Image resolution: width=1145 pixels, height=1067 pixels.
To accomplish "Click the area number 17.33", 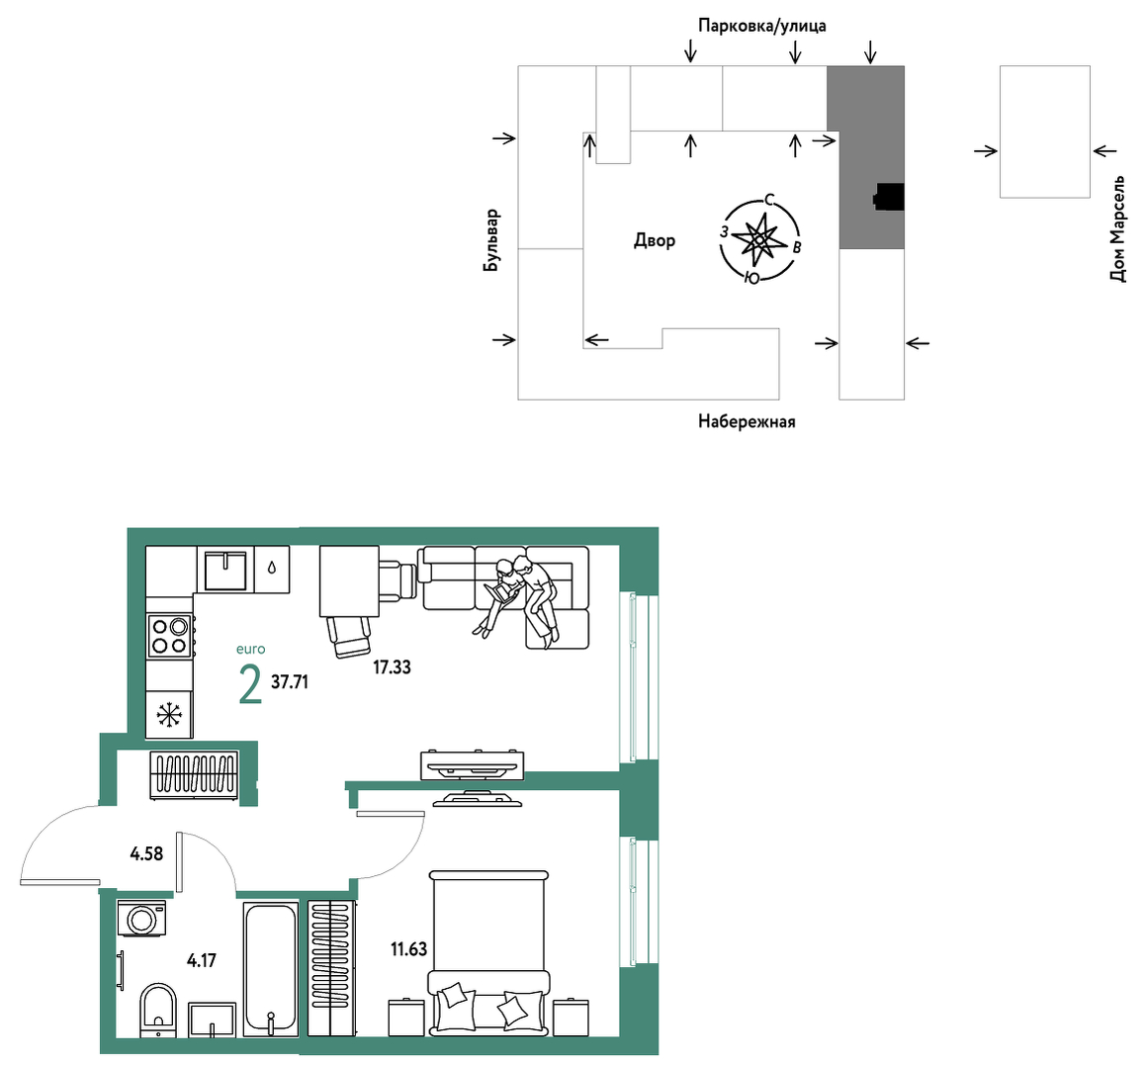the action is click(x=392, y=667).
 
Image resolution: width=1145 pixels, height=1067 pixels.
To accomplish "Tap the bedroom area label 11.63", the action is click(x=409, y=948).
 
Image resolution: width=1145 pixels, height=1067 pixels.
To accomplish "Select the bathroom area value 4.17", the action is click(x=202, y=960).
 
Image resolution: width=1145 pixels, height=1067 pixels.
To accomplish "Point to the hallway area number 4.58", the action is click(x=146, y=853).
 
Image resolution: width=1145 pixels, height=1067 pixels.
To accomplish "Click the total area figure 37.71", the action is click(x=290, y=682).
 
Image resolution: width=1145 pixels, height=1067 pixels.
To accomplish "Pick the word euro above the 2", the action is click(x=250, y=650).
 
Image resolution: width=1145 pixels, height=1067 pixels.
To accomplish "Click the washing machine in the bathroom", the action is click(x=142, y=918).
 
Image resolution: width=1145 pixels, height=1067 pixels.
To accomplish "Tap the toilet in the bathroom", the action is click(x=158, y=1010).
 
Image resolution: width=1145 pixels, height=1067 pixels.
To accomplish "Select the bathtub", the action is click(x=270, y=969).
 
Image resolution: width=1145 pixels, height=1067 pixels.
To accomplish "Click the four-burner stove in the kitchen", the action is click(x=170, y=636).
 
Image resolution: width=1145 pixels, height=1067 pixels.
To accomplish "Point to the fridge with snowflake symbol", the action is click(x=169, y=714).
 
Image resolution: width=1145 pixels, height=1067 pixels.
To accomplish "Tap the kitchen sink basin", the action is click(x=225, y=571).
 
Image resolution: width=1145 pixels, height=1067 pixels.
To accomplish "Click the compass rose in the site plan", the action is click(x=760, y=239).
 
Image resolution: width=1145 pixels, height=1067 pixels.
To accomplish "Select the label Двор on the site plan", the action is click(x=655, y=240).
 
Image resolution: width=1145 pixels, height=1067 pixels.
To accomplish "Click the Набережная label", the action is click(x=747, y=421).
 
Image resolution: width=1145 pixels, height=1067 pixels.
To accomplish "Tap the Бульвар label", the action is click(x=491, y=240).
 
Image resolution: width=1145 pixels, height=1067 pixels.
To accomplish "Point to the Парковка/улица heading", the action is click(x=761, y=26).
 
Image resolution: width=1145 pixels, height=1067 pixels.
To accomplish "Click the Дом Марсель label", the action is click(x=1117, y=228).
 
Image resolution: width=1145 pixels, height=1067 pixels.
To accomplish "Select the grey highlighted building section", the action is click(x=866, y=157).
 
